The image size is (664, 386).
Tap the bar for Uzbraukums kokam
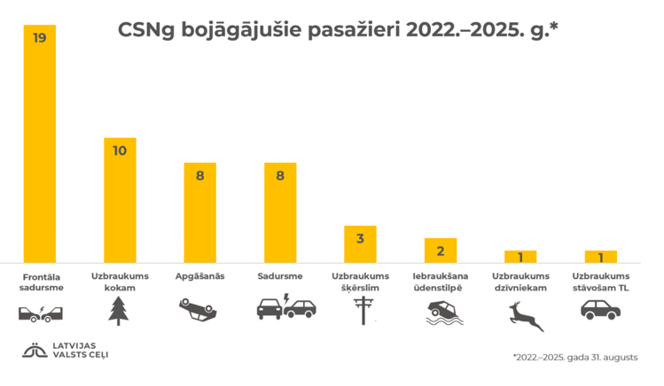[120, 199]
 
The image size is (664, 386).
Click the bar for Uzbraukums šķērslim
[361, 243]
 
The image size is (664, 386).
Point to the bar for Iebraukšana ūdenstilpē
[441, 250]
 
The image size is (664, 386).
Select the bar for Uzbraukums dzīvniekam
[520, 257]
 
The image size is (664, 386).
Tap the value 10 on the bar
[120, 151]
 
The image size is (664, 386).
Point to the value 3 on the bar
[361, 239]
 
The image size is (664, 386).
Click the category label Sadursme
[280, 276]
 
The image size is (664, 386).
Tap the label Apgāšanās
[200, 276]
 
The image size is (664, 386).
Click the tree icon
[119, 311]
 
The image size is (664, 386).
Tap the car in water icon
[440, 313]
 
